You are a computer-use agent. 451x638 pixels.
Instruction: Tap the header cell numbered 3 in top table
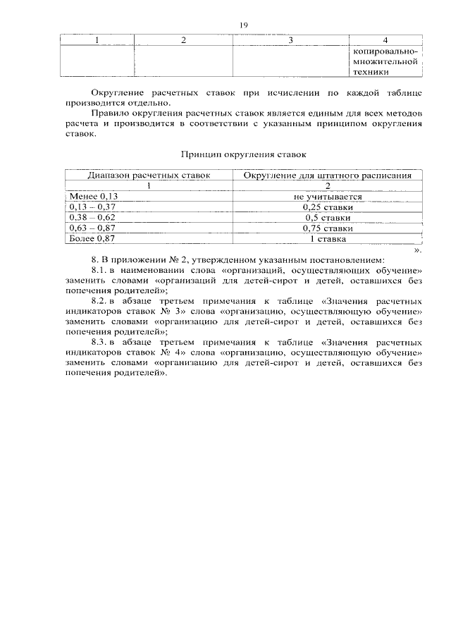pyautogui.click(x=290, y=39)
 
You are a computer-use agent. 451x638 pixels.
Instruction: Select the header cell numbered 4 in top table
pyautogui.click(x=385, y=39)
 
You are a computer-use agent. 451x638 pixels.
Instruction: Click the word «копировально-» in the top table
pyautogui.click(x=384, y=51)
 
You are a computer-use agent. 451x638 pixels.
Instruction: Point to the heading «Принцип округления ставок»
pyautogui.click(x=243, y=153)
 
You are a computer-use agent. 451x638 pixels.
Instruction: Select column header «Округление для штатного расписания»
pyautogui.click(x=328, y=176)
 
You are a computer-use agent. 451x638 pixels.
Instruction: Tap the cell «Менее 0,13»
pyautogui.click(x=91, y=197)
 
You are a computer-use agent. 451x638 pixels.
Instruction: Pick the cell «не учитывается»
pyautogui.click(x=328, y=197)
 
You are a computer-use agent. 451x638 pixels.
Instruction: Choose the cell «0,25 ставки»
pyautogui.click(x=328, y=207)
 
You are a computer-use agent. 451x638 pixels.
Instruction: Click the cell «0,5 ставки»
pyautogui.click(x=328, y=218)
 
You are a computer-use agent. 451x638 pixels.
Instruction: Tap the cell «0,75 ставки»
pyautogui.click(x=328, y=228)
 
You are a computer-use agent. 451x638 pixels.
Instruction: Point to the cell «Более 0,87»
pyautogui.click(x=91, y=239)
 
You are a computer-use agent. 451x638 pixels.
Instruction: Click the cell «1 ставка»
pyautogui.click(x=328, y=239)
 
